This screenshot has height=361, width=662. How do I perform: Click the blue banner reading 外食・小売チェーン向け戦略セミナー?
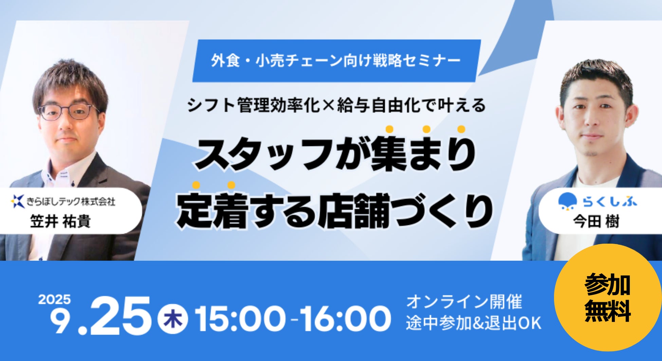coord(336,61)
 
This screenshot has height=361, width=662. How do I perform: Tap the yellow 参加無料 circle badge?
coord(608,298)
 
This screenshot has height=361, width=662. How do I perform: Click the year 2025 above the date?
coord(54,300)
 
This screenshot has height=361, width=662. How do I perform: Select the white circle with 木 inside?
coord(173,319)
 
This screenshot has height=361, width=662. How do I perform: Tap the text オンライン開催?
coord(464,302)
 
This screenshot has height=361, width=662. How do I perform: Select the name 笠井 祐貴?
coord(60,222)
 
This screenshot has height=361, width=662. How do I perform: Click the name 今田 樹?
coord(596,222)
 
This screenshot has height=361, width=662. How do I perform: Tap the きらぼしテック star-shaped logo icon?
coord(18,201)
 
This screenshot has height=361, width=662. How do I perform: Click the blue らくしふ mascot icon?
coord(568,202)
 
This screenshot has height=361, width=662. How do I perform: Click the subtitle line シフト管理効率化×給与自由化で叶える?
coord(336,105)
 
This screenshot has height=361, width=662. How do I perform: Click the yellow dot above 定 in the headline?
coord(196,185)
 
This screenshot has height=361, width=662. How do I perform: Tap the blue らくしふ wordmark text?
coord(610,202)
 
